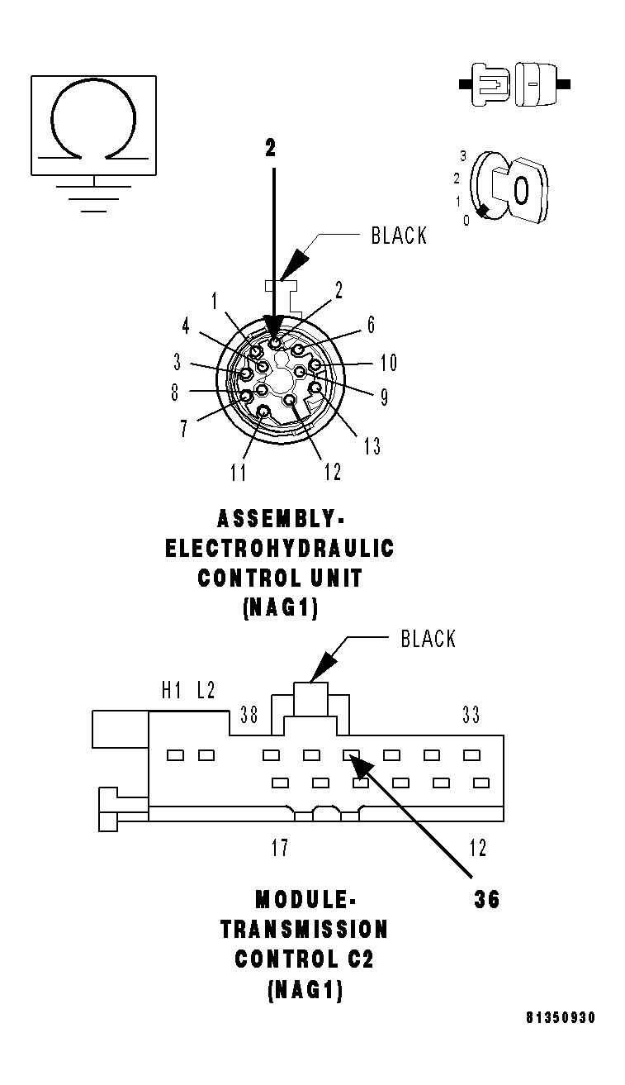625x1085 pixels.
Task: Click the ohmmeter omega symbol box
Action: (93, 125)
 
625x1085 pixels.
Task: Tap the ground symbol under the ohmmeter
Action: (93, 198)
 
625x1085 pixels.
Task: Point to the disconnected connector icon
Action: (514, 84)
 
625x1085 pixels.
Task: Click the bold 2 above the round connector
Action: (270, 148)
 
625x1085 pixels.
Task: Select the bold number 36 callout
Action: (486, 901)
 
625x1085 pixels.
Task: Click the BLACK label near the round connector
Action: (399, 236)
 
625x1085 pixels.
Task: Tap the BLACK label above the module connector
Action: (428, 639)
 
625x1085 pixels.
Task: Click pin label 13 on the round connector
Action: (372, 446)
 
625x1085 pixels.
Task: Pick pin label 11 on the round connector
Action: (238, 473)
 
